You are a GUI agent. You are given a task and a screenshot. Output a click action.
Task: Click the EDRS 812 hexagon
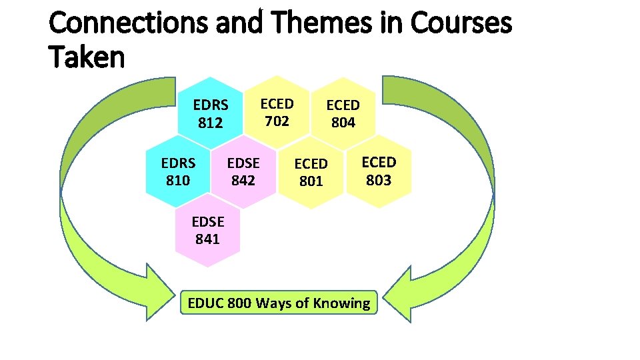(x=210, y=113)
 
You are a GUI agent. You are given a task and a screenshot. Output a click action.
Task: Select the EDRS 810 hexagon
(x=178, y=171)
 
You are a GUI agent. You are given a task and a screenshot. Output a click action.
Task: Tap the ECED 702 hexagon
(x=277, y=112)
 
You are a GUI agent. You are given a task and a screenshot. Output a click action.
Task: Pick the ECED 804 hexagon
(x=343, y=113)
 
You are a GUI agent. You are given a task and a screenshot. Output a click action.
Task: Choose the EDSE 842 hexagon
(x=243, y=171)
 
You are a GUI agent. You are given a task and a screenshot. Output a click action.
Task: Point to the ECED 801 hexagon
(x=311, y=172)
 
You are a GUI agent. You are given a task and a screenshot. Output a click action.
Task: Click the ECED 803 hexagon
(x=378, y=171)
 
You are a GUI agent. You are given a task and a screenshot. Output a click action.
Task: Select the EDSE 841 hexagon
(x=207, y=230)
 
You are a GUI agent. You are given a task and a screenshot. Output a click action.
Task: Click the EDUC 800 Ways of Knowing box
(x=279, y=303)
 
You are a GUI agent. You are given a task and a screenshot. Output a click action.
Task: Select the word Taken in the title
(x=87, y=57)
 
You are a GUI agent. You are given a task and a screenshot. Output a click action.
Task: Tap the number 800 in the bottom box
(x=239, y=303)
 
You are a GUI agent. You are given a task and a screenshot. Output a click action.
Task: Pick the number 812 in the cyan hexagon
(x=210, y=123)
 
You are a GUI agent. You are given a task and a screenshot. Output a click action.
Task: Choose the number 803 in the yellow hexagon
(x=378, y=180)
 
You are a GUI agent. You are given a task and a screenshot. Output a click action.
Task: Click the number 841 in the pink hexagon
(x=207, y=239)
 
